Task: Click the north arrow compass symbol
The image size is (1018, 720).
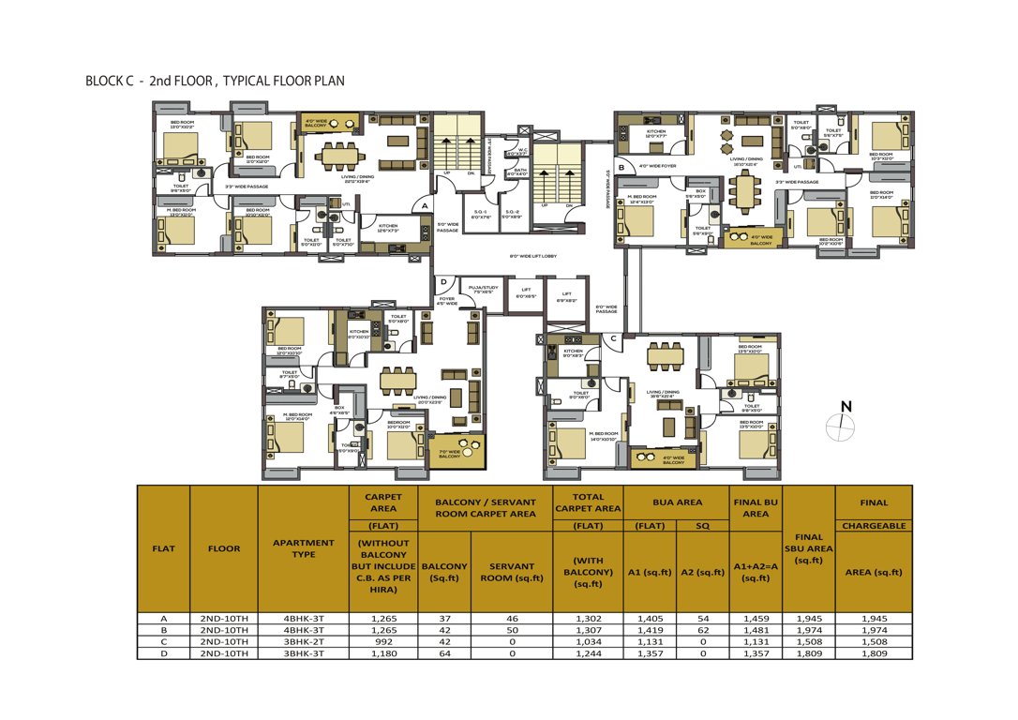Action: (841, 427)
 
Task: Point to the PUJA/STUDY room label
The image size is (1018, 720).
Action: (483, 291)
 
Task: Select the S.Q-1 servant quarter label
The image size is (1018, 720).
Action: (479, 214)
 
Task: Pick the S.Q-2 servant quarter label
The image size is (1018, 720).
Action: (512, 214)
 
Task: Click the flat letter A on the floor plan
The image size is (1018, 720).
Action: (425, 204)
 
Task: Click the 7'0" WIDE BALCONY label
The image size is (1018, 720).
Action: (449, 453)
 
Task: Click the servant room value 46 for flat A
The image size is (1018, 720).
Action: (511, 619)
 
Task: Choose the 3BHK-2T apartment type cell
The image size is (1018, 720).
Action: (303, 642)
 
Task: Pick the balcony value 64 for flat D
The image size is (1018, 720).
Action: (444, 653)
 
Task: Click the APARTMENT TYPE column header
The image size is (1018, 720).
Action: (303, 548)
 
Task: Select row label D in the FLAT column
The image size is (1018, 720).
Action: (163, 653)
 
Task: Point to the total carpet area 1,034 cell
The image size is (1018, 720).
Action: (588, 642)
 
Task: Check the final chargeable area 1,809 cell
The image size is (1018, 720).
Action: (873, 653)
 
